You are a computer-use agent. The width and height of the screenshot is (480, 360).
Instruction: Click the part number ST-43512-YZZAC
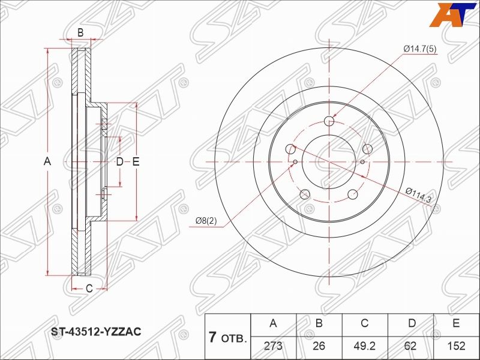(x=95, y=331)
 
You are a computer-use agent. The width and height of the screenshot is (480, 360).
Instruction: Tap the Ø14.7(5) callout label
(x=419, y=49)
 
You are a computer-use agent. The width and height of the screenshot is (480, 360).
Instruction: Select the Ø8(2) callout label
(x=206, y=221)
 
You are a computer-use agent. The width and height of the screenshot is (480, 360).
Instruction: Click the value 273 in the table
(x=273, y=346)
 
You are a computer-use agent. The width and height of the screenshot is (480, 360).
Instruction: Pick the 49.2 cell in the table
(x=364, y=346)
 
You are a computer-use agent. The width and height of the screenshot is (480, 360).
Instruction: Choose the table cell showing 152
(x=456, y=346)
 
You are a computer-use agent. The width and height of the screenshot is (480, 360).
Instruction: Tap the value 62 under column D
(x=410, y=346)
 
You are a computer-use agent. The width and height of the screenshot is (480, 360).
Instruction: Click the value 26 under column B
(x=319, y=346)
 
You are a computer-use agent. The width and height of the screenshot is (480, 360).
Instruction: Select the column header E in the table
(x=456, y=323)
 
